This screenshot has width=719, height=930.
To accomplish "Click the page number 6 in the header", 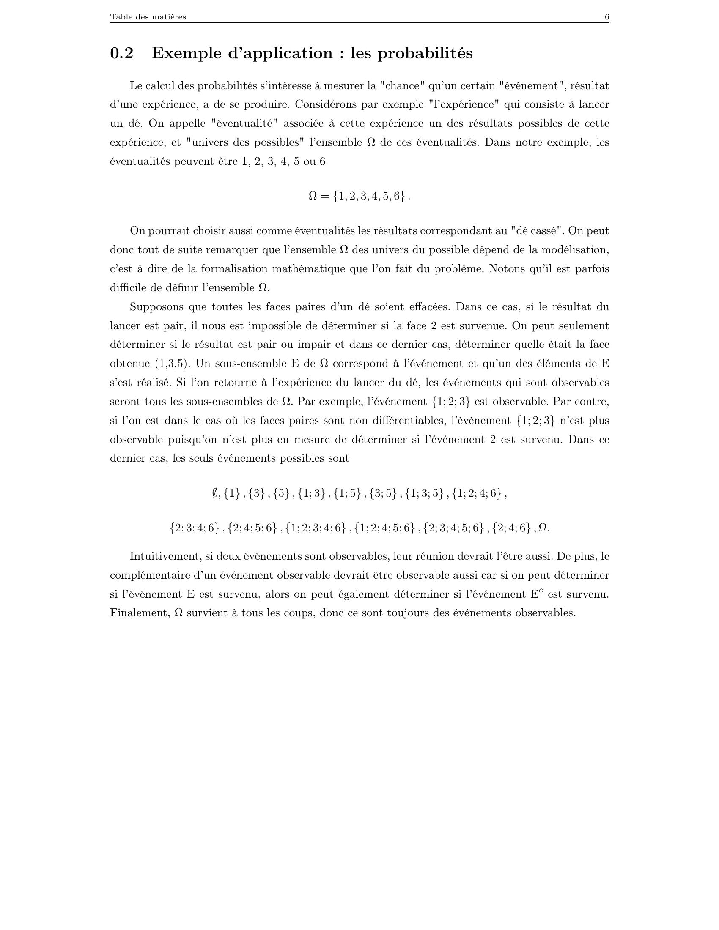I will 606,17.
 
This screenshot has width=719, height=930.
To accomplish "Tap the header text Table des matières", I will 148,17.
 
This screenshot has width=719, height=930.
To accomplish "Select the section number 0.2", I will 121,53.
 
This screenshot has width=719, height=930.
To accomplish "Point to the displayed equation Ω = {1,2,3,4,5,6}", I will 359,196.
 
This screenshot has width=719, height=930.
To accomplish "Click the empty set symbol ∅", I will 216,493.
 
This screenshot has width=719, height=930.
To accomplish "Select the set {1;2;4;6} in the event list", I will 477,493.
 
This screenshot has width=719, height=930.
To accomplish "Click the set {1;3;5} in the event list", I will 424,493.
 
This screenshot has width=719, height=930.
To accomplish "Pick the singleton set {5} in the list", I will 281,493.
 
